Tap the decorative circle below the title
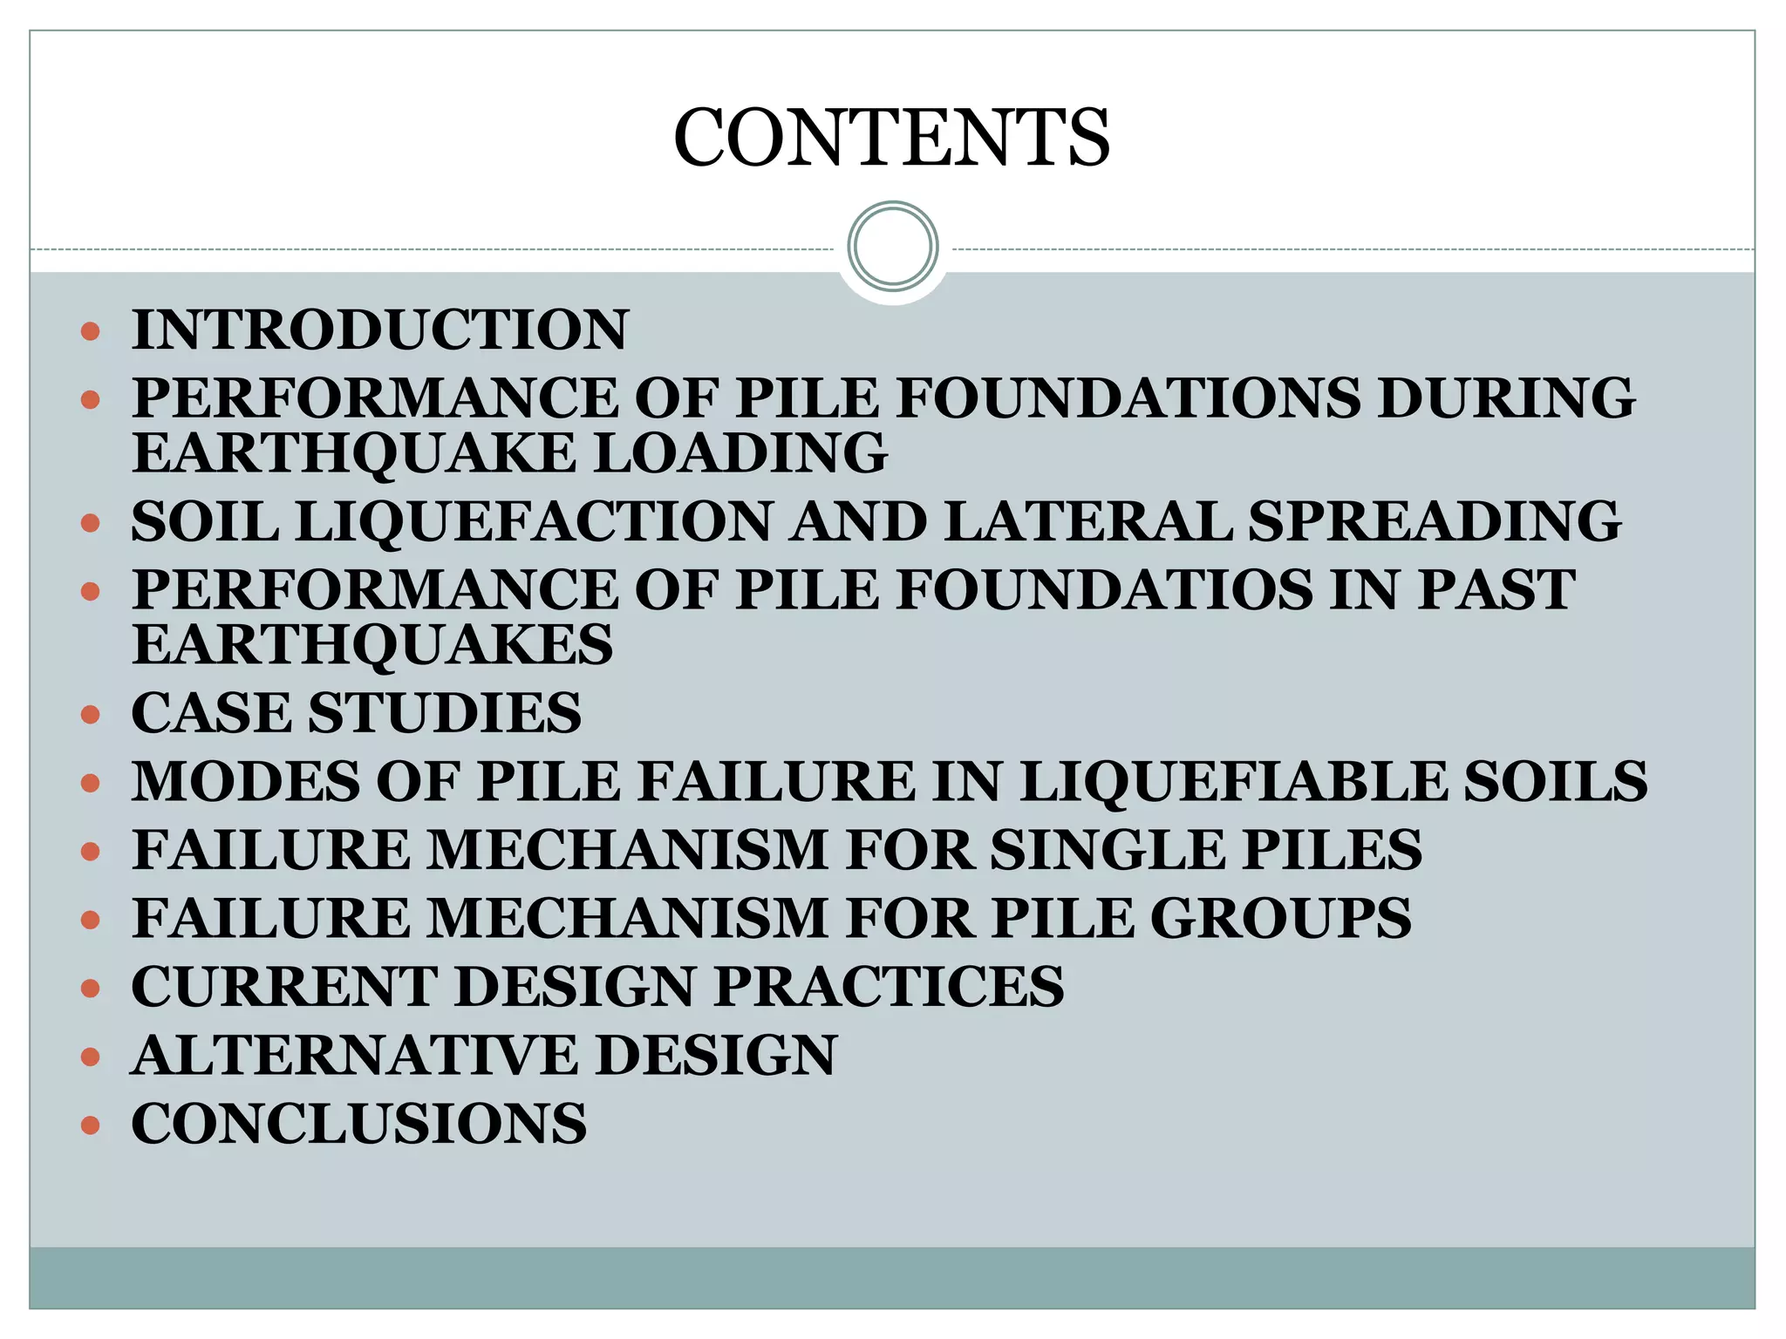[x=892, y=247]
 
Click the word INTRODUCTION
[x=380, y=330]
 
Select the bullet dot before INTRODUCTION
[x=90, y=332]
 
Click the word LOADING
[x=740, y=453]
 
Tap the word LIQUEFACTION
[x=534, y=521]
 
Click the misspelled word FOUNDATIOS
[x=1104, y=589]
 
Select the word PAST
[x=1496, y=589]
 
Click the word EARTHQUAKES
[x=373, y=645]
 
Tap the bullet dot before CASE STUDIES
[x=90, y=715]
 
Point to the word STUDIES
[x=445, y=713]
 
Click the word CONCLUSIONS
[x=359, y=1124]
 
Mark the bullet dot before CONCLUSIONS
[x=90, y=1125]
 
